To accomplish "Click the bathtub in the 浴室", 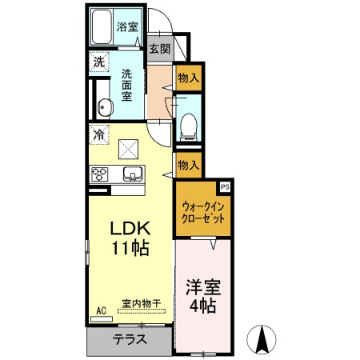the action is [x=102, y=26].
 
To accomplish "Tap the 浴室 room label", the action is [x=127, y=26].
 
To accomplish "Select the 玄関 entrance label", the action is [x=159, y=49].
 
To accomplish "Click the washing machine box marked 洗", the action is [x=99, y=62].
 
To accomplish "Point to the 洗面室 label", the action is [x=127, y=85].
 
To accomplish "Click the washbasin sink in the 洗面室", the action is [x=105, y=108].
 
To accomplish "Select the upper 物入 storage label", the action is [x=189, y=78].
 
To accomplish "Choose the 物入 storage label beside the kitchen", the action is [x=189, y=165].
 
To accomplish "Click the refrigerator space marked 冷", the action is [x=99, y=134].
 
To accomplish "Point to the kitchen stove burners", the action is [x=99, y=174].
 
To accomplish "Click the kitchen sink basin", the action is [x=133, y=174].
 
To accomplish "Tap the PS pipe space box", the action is [x=225, y=186].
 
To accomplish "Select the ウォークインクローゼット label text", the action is [x=203, y=213].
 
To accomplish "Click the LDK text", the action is [x=130, y=228].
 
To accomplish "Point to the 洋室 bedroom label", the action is [x=203, y=287].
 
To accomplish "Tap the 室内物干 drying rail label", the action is [x=142, y=303].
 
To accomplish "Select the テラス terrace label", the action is [x=130, y=339].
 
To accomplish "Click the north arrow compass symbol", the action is [x=262, y=339].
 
